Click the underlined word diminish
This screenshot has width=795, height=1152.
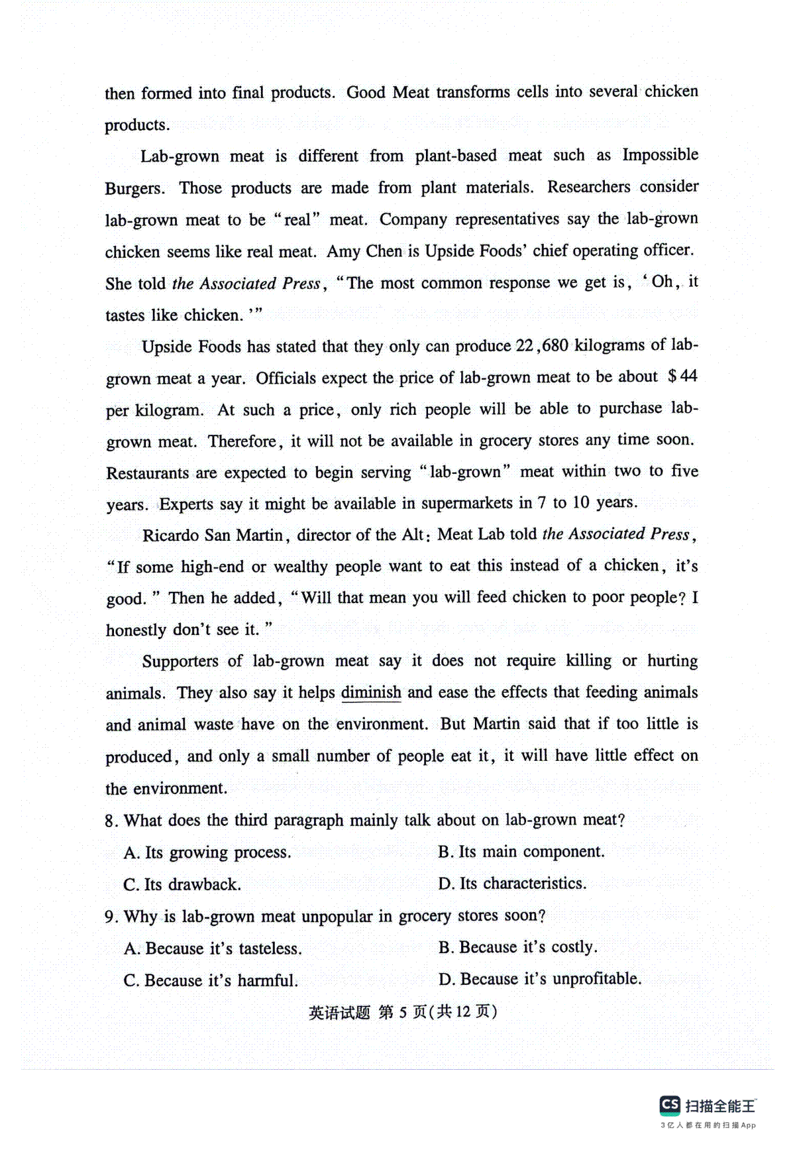tap(371, 693)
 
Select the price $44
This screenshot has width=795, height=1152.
tap(682, 376)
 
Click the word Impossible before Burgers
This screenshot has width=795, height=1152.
tap(660, 155)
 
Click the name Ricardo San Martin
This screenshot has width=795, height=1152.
tap(213, 535)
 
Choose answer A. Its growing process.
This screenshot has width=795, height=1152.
tap(207, 852)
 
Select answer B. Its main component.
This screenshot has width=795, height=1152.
tap(521, 852)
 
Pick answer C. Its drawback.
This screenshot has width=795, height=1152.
tap(182, 884)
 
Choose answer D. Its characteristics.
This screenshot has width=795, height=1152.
tap(512, 884)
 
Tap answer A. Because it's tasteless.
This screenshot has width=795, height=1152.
tap(213, 949)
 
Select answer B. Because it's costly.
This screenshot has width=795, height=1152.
tap(517, 947)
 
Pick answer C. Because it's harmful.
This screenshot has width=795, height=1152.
tap(211, 980)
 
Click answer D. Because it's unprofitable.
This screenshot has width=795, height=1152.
tap(540, 979)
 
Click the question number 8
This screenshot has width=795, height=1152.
tap(111, 821)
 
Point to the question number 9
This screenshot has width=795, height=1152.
tap(111, 917)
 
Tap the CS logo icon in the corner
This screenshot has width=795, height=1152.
tap(670, 1105)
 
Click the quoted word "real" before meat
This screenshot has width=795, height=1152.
tap(297, 220)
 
